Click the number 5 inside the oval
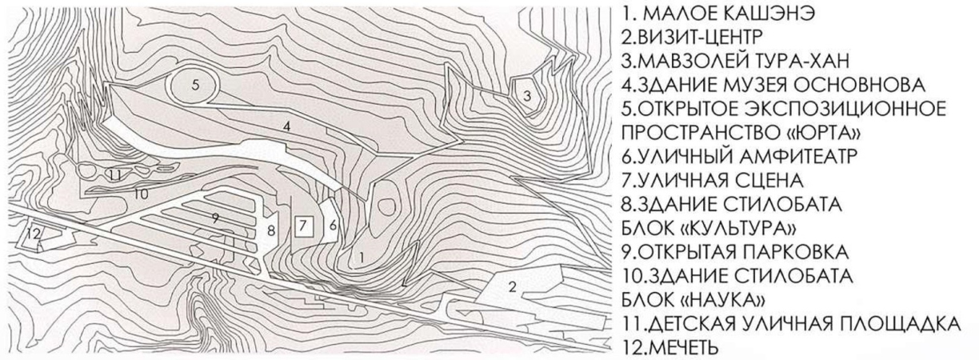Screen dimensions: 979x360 point(195,84)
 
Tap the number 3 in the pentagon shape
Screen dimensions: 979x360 point(527,96)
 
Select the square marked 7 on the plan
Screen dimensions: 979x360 point(304,226)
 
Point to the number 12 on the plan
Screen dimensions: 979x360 point(34,234)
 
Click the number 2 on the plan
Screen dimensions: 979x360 point(513,287)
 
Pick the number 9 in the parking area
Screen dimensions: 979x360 point(215,218)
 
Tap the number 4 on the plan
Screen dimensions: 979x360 point(286,126)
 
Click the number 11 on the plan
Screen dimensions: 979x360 point(115,176)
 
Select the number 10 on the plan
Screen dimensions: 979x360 point(141,194)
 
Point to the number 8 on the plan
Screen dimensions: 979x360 point(271,230)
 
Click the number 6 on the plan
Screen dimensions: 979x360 point(333,226)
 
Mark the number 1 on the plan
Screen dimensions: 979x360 point(361,258)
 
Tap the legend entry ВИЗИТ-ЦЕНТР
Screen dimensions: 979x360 point(690,38)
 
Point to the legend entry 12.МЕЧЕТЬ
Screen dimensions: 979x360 point(669,347)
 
